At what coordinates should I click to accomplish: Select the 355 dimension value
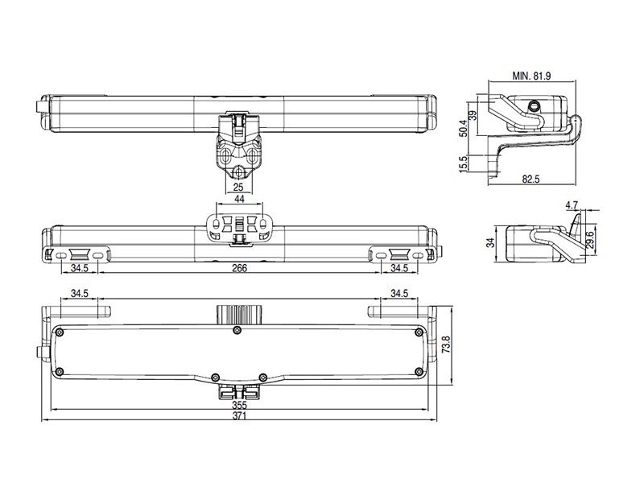(240, 405)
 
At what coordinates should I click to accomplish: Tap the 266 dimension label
(238, 267)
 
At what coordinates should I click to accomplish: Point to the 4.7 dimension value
(572, 205)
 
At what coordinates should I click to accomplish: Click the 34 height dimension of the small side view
(492, 242)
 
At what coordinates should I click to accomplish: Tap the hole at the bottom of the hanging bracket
(238, 172)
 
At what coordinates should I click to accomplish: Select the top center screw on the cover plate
(236, 331)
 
